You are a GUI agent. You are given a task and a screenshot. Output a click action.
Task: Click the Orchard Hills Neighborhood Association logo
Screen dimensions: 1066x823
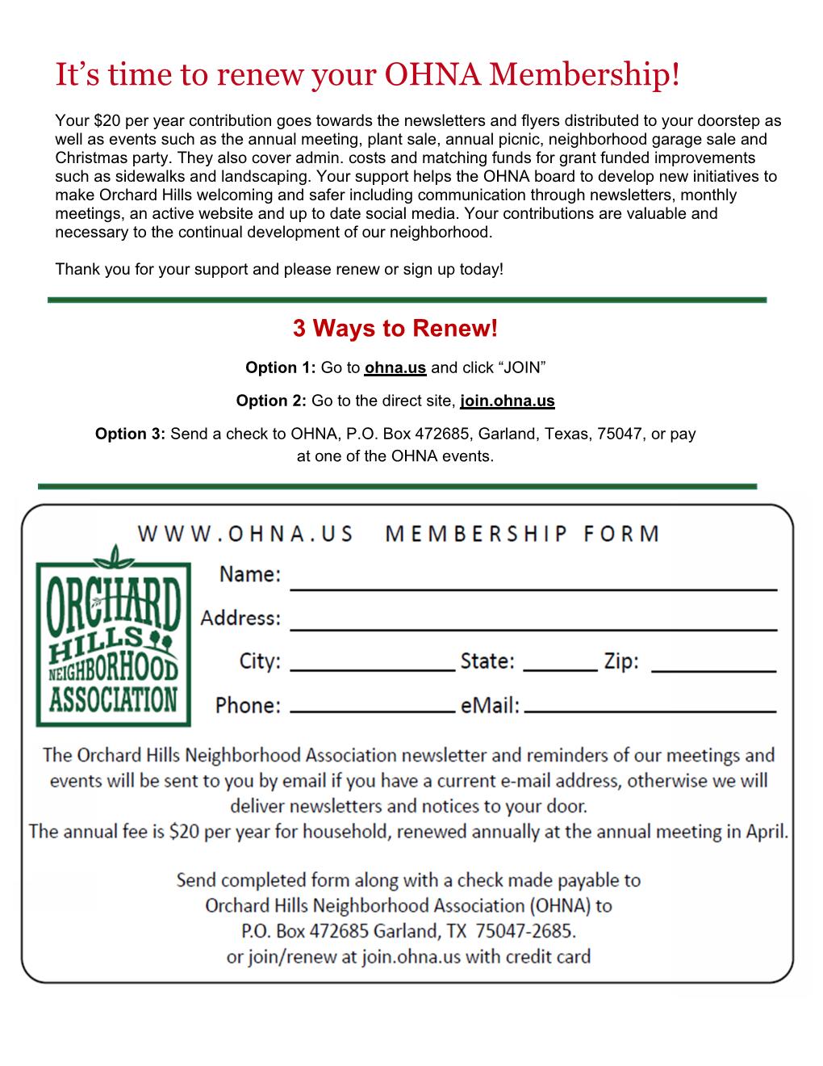[x=114, y=635]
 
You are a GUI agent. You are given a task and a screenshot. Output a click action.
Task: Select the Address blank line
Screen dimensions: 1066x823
[x=533, y=626]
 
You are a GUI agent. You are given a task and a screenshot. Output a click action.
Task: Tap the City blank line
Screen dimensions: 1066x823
[x=372, y=669]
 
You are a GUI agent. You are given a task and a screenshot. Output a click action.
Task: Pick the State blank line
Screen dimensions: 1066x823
[x=560, y=669]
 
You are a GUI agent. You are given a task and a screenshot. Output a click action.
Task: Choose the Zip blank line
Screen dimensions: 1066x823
[x=713, y=669]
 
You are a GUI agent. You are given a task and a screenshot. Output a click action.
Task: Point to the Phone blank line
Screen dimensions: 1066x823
[x=372, y=711]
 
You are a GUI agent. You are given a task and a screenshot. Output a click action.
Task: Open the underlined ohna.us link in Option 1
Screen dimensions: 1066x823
[x=395, y=368]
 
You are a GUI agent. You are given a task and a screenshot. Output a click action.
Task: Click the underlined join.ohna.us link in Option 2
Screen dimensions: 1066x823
[x=507, y=401]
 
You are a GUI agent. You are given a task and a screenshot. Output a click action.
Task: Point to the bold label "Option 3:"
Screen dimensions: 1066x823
[x=130, y=434]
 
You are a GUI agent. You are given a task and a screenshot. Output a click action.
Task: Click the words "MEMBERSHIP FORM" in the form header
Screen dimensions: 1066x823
[x=523, y=535]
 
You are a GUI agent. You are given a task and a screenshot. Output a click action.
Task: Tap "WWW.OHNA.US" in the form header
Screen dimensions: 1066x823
[x=245, y=535]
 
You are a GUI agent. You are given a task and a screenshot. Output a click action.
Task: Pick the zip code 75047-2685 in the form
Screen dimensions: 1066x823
[x=525, y=931]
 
